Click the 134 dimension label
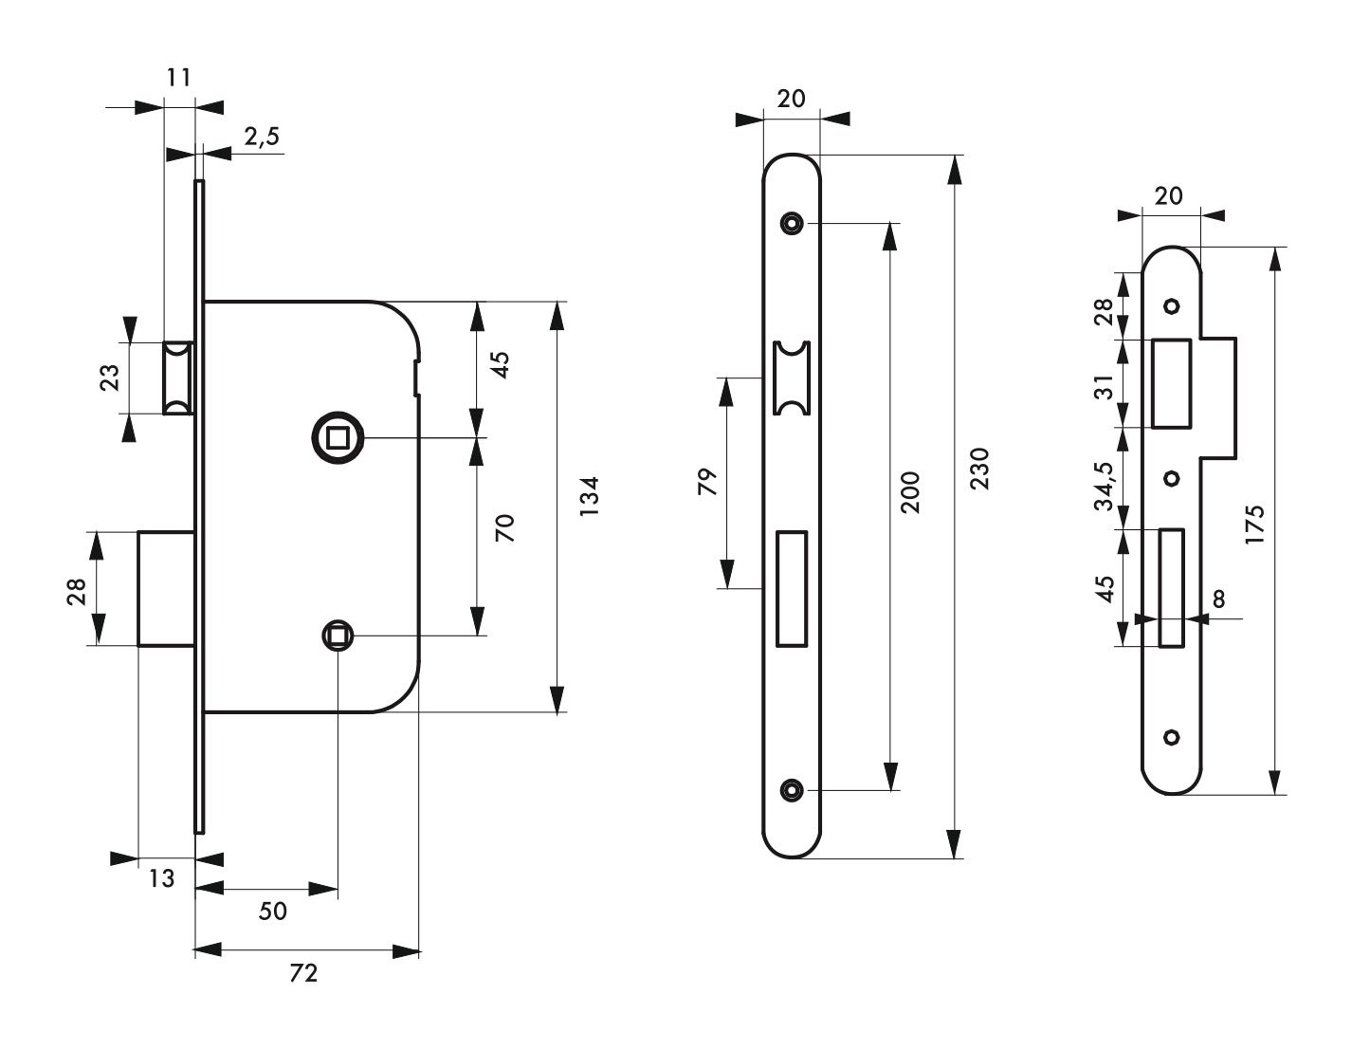pyautogui.click(x=589, y=496)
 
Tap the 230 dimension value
pyautogui.click(x=979, y=469)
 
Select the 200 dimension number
pyautogui.click(x=910, y=492)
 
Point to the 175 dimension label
pyautogui.click(x=1255, y=525)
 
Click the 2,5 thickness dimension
pyautogui.click(x=262, y=137)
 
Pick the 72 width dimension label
pyautogui.click(x=303, y=973)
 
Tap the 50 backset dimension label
pyautogui.click(x=272, y=912)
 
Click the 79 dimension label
pyautogui.click(x=708, y=482)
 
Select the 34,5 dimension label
pyautogui.click(x=1105, y=486)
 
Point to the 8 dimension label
pyautogui.click(x=1219, y=599)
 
